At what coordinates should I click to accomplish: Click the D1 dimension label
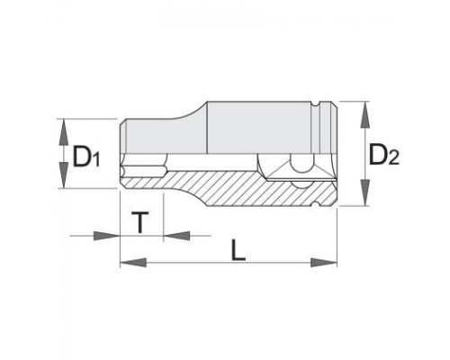tap(85, 156)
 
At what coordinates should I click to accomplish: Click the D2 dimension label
tap(383, 155)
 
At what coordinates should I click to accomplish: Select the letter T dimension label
tap(139, 222)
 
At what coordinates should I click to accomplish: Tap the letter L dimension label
tap(238, 249)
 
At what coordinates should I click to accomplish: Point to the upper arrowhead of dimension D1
tap(64, 132)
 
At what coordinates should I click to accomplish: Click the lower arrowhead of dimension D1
tap(64, 175)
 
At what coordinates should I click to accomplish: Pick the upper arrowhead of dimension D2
tap(364, 115)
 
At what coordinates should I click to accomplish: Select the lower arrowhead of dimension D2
tap(364, 193)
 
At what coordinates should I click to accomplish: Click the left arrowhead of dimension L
tap(133, 263)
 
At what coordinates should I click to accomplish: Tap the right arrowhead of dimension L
tap(324, 263)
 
